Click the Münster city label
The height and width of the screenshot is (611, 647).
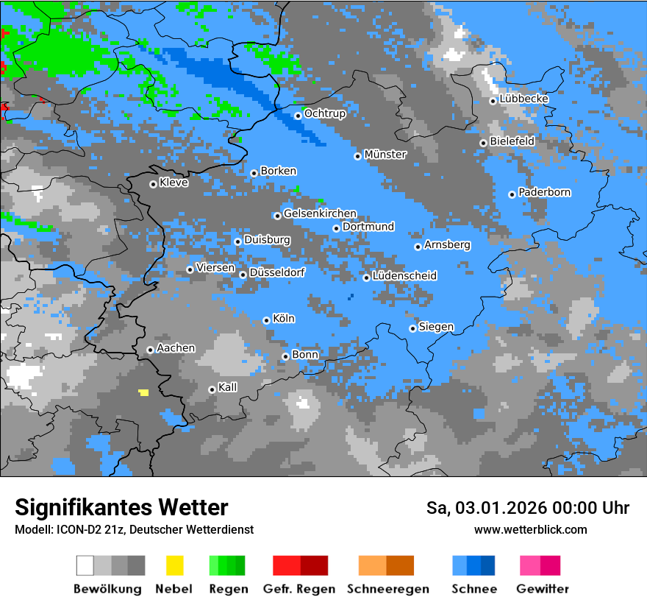pyautogui.click(x=385, y=155)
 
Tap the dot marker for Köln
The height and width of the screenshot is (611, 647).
pyautogui.click(x=266, y=320)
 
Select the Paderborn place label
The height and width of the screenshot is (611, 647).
pyautogui.click(x=545, y=193)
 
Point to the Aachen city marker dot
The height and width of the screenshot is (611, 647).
pyautogui.click(x=150, y=350)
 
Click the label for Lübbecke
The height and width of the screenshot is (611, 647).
pyautogui.click(x=524, y=99)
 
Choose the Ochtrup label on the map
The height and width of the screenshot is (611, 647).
pyautogui.click(x=325, y=114)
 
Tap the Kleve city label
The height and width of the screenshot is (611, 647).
pyautogui.click(x=174, y=183)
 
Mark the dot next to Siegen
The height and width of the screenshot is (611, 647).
pyautogui.click(x=412, y=328)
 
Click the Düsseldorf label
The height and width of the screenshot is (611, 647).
pyautogui.click(x=277, y=272)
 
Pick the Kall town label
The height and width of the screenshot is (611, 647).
pyautogui.click(x=228, y=387)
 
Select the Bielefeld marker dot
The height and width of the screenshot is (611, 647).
pyautogui.click(x=483, y=143)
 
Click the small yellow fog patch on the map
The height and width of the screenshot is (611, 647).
pyautogui.click(x=143, y=392)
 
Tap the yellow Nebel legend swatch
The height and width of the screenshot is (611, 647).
pyautogui.click(x=174, y=565)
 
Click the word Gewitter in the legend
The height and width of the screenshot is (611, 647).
pyautogui.click(x=543, y=589)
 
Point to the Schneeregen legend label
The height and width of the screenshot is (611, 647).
pyautogui.click(x=388, y=589)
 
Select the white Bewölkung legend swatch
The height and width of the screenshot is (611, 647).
pyautogui.click(x=85, y=565)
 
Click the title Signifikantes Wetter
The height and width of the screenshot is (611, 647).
pyautogui.click(x=121, y=508)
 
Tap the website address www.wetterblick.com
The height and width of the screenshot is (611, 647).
pyautogui.click(x=530, y=529)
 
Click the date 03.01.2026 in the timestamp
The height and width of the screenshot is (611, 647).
pyautogui.click(x=491, y=508)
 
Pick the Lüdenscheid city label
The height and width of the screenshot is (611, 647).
pyautogui.click(x=405, y=276)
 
